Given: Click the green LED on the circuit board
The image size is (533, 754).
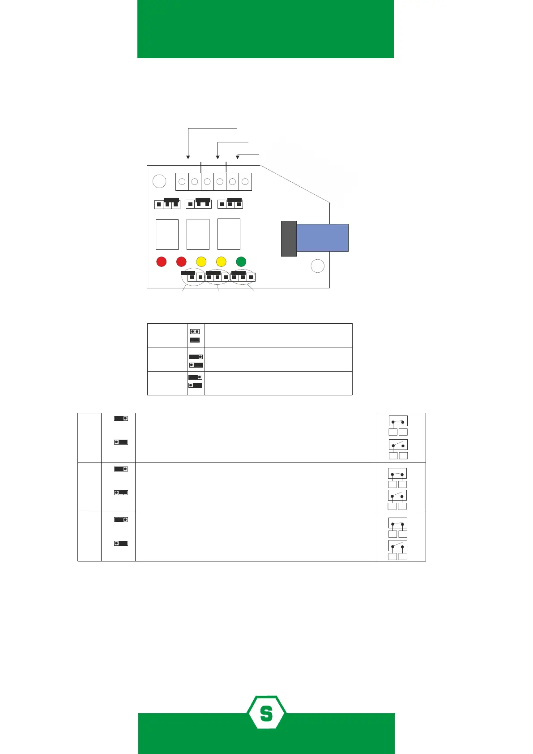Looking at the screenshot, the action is [x=241, y=261].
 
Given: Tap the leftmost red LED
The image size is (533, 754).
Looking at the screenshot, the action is [x=162, y=261].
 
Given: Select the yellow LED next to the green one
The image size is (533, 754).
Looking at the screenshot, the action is [x=221, y=261].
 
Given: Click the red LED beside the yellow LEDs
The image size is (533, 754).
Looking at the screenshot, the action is [x=181, y=261].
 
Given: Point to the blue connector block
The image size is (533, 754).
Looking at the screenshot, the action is [x=322, y=237].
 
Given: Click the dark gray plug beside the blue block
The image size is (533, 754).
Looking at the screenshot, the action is [x=289, y=238].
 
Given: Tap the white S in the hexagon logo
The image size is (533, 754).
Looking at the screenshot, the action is [x=266, y=713].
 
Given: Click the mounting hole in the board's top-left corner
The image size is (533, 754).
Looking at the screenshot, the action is [x=159, y=181].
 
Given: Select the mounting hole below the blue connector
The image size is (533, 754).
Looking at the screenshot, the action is [x=317, y=266].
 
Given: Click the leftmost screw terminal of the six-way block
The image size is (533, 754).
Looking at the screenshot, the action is [x=182, y=182].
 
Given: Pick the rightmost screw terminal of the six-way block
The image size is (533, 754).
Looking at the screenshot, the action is [x=245, y=182].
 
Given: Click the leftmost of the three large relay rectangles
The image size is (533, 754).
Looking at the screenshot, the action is [x=167, y=234].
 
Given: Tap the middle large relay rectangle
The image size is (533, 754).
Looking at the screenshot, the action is [x=198, y=234].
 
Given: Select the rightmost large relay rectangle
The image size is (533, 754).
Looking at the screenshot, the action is [x=229, y=234].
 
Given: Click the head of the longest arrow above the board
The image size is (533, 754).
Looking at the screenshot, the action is [x=188, y=157].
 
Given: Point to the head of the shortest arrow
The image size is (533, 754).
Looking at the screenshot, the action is [x=238, y=157].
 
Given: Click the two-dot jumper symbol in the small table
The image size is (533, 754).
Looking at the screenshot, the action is [x=195, y=332].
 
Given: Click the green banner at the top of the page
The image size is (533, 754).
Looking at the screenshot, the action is [x=265, y=29].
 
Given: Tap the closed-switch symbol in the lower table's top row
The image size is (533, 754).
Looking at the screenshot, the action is [x=398, y=421].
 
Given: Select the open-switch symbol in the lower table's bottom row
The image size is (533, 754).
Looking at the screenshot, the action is [x=398, y=546].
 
